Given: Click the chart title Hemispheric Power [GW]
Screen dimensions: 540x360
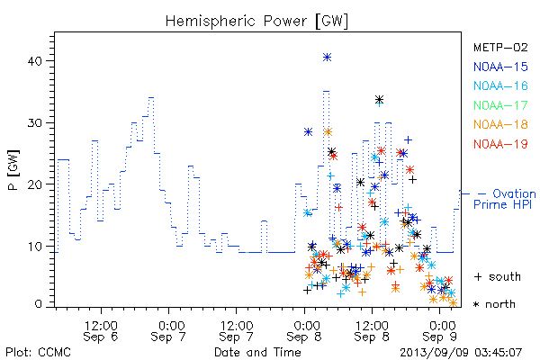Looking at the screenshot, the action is (x=256, y=21).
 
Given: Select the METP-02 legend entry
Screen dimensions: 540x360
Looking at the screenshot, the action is (x=500, y=47).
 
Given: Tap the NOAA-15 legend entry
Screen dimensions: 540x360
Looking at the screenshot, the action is (x=500, y=67).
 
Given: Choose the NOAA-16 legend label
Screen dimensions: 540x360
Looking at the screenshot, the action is (x=500, y=85).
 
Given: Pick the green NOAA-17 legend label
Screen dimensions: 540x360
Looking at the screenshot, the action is (x=500, y=105).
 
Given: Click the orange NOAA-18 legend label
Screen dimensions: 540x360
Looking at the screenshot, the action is (x=500, y=124).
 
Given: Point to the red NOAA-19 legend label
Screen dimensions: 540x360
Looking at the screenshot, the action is (x=500, y=144).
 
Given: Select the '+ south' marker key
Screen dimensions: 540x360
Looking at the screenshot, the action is (x=498, y=276).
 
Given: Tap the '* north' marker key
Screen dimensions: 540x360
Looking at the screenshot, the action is (x=494, y=304).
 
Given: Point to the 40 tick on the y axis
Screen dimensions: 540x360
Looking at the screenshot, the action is (x=34, y=61).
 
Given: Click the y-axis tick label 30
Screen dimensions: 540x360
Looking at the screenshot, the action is (x=34, y=123).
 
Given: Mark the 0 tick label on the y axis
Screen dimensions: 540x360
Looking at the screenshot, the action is (x=38, y=304).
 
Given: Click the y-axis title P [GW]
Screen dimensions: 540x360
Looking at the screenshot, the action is (x=13, y=170).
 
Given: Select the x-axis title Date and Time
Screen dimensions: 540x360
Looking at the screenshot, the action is (x=257, y=352).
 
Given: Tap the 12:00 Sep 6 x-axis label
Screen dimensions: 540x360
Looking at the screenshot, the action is (x=101, y=330).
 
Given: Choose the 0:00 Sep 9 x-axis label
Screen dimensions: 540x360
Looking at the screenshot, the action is (x=440, y=330).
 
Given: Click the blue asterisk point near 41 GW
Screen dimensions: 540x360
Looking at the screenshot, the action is (x=328, y=58).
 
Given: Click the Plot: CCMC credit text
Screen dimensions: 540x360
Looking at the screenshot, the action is (x=38, y=352).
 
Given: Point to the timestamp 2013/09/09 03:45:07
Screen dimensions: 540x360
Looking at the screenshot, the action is (x=461, y=352).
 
